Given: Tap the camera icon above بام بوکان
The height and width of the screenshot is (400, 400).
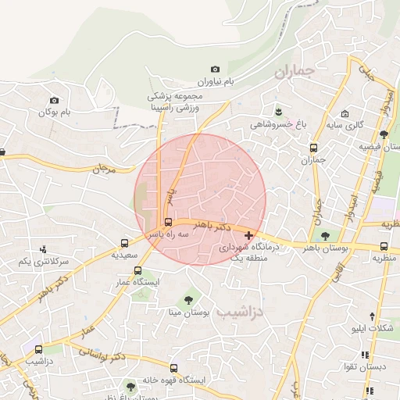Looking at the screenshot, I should pyautogui.click(x=54, y=100).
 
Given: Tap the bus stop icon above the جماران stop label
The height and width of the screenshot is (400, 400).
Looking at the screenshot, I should pyautogui.click(x=314, y=148).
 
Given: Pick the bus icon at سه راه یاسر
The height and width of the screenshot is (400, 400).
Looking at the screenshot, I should pyautogui.click(x=169, y=222).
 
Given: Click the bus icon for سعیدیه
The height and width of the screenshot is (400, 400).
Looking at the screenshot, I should pyautogui.click(x=125, y=243).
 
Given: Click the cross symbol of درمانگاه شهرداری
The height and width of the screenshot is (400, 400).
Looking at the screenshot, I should pyautogui.click(x=248, y=235).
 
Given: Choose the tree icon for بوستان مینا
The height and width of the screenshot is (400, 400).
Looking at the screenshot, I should pyautogui.click(x=188, y=300).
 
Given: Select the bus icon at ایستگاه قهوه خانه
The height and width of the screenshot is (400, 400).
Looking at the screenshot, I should pyautogui.click(x=173, y=368).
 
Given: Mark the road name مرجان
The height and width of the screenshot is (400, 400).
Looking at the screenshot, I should pyautogui.click(x=104, y=167).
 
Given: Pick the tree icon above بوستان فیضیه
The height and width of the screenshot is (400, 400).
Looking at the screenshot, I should pyautogui.click(x=384, y=134).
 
